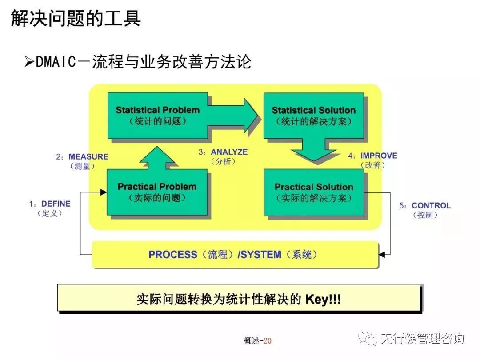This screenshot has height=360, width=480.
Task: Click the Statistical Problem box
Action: pos(157,115)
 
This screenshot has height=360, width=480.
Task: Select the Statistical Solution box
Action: pos(313,115)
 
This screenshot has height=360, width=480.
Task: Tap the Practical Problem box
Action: pos(157,192)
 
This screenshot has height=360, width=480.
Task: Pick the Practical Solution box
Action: pos(314,192)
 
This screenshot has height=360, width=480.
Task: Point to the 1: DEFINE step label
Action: pos(50,208)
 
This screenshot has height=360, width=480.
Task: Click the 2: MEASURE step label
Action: pos(82,161)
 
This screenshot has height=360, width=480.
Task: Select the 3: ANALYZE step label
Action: pos(223,156)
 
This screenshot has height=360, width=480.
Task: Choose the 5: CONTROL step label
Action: pos(425,210)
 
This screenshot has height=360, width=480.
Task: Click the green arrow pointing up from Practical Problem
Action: pos(157,158)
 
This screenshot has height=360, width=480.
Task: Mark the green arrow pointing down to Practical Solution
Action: pos(314,150)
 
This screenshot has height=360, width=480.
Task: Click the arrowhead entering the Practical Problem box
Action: pos(104,192)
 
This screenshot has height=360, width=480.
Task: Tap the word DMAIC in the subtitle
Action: pos(56,62)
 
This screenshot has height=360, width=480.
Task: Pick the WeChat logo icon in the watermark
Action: pos(368,339)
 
